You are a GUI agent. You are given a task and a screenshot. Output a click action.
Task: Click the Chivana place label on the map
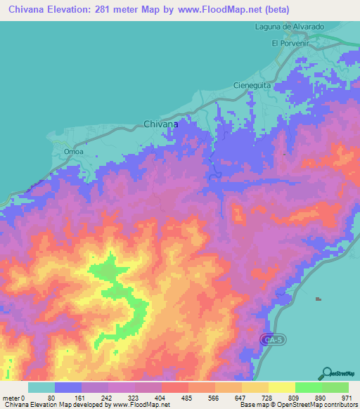click(x=160, y=123)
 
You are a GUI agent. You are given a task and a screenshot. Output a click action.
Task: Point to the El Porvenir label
click(x=290, y=43)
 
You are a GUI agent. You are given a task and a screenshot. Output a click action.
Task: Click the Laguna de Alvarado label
click(x=289, y=27)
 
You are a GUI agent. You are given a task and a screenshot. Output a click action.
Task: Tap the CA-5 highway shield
click(x=275, y=339)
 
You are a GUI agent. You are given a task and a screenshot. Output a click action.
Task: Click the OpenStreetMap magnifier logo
click(x=327, y=373)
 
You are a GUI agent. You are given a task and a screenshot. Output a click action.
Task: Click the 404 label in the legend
click(x=161, y=397)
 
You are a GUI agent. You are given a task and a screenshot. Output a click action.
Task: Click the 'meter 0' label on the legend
click(x=13, y=397)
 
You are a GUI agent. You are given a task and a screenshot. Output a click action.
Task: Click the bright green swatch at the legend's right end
click(x=335, y=387)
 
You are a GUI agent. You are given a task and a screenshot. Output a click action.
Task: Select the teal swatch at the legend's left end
click(x=41, y=387)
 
